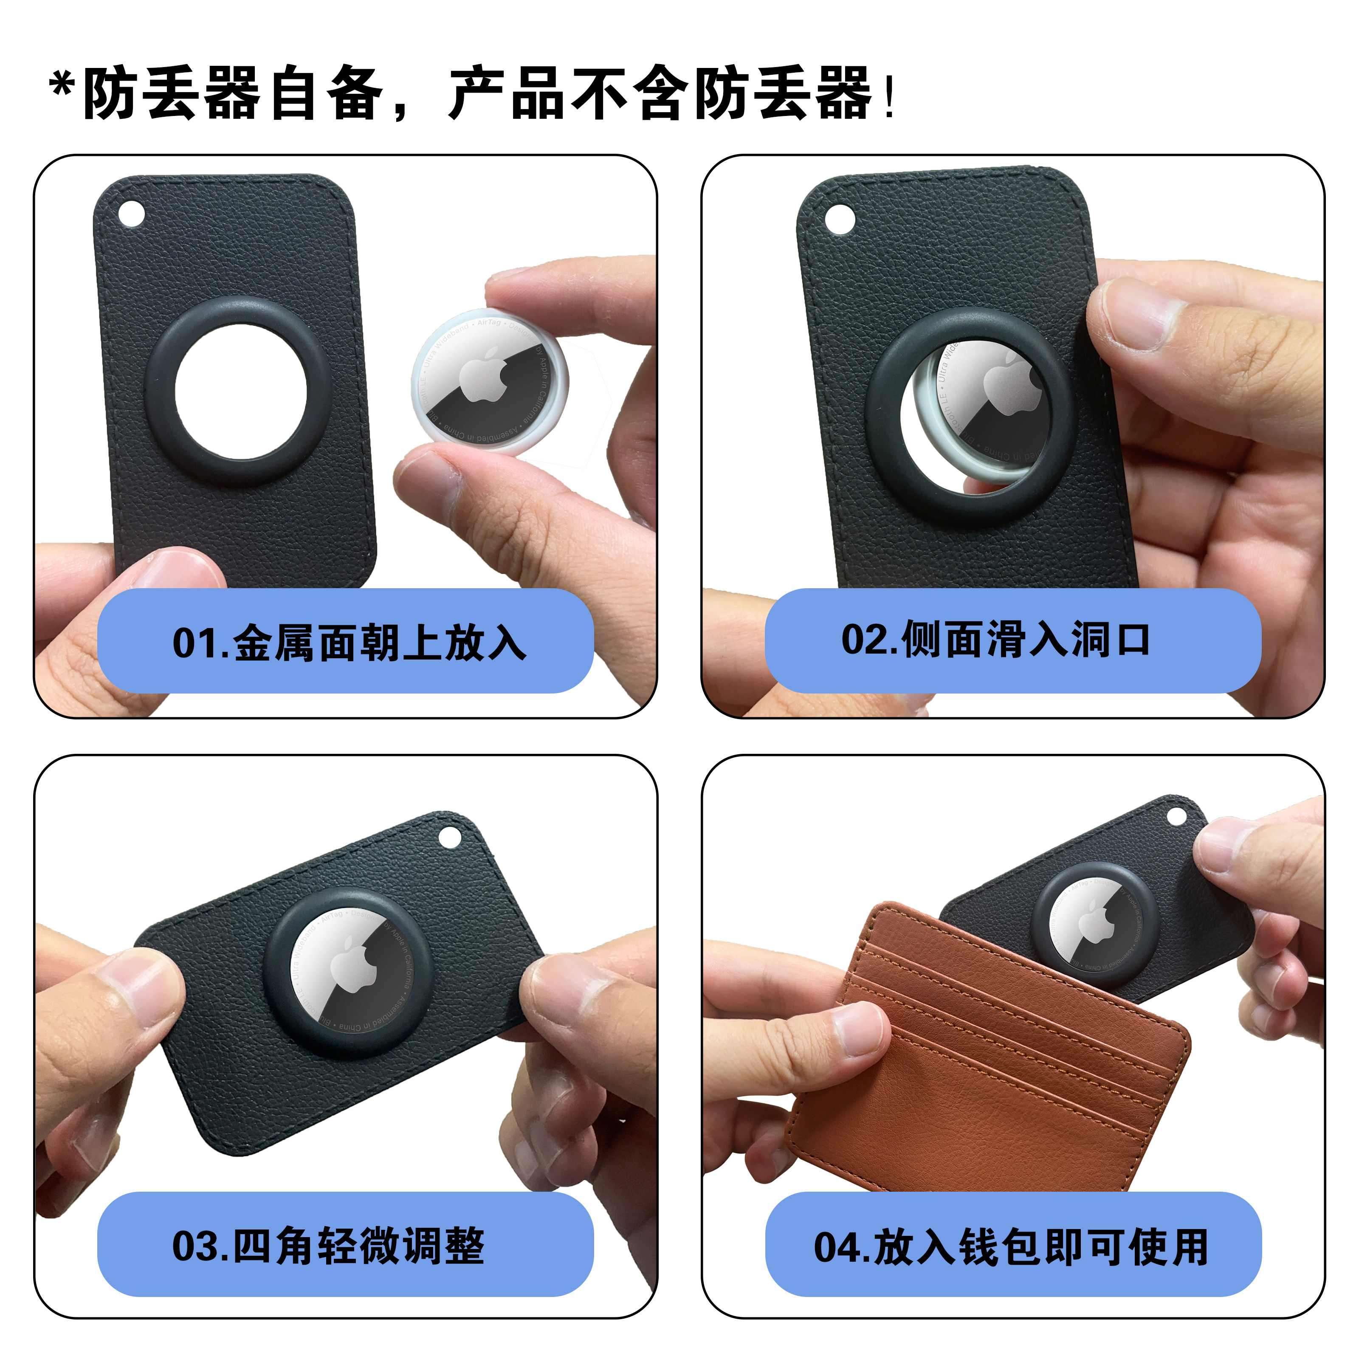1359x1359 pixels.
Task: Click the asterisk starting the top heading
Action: (x=62, y=86)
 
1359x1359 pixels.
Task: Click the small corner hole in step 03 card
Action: (x=449, y=837)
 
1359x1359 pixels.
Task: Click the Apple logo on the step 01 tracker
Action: (x=484, y=378)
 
